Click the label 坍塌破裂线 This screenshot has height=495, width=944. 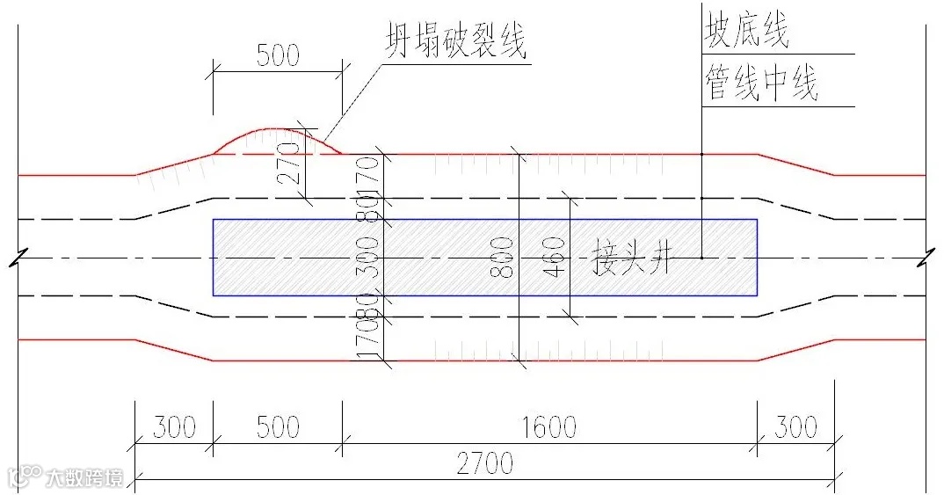pyautogui.click(x=455, y=41)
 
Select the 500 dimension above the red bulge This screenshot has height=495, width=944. pyautogui.click(x=278, y=55)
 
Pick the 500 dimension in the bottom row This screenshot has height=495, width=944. pyautogui.click(x=278, y=427)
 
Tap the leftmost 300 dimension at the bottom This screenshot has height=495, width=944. pyautogui.click(x=174, y=427)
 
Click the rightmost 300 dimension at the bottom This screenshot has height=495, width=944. pyautogui.click(x=795, y=427)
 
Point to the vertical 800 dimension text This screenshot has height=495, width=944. pyautogui.click(x=502, y=258)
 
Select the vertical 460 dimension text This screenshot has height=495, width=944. pyautogui.click(x=555, y=258)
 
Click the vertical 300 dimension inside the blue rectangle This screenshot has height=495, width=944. pyautogui.click(x=373, y=257)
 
